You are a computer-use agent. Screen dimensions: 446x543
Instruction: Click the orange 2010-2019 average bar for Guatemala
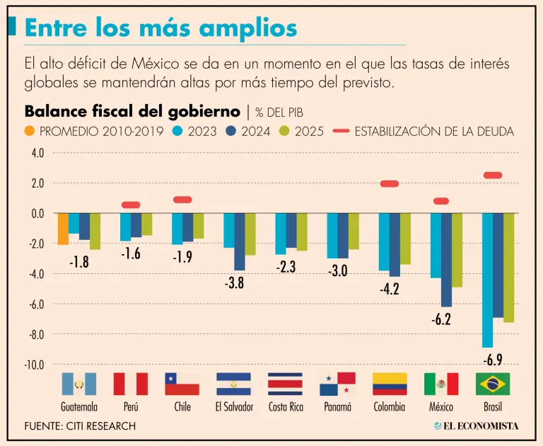point(63,229)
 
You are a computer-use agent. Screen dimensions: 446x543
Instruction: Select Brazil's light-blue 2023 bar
point(487,280)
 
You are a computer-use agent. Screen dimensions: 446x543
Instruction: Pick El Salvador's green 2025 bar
point(250,234)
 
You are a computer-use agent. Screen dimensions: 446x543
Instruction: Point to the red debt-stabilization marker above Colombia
point(390,184)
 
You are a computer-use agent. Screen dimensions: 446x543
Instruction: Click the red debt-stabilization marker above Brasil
point(493,175)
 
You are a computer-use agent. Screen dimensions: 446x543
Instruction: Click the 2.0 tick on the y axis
point(37,183)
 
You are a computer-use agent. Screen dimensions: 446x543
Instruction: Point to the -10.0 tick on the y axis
point(35,365)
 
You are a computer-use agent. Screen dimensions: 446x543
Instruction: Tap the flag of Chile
point(182,384)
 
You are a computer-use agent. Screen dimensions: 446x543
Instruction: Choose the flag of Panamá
point(337,384)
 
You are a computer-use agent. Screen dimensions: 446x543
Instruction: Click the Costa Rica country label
point(286,407)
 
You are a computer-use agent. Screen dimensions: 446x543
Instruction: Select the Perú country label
point(130,407)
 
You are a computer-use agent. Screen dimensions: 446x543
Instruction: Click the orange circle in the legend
point(30,131)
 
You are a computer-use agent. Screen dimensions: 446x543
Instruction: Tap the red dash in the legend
point(339,131)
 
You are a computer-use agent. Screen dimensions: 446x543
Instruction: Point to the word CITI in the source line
point(87,426)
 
